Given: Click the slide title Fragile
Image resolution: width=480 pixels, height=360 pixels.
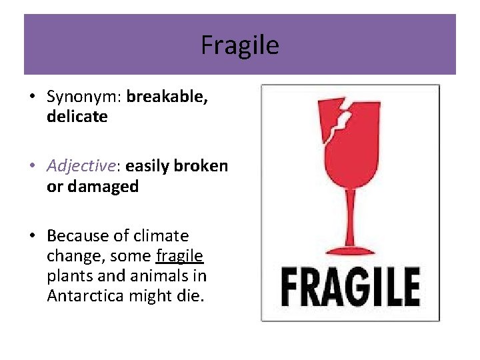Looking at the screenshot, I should pyautogui.click(x=240, y=45).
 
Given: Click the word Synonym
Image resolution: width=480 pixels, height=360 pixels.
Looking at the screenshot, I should pyautogui.click(x=83, y=97).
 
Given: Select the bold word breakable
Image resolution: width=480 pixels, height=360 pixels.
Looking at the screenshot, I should pyautogui.click(x=167, y=97).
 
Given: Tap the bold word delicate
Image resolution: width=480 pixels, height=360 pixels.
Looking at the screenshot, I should pyautogui.click(x=77, y=117).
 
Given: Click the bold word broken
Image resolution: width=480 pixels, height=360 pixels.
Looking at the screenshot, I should pyautogui.click(x=200, y=166).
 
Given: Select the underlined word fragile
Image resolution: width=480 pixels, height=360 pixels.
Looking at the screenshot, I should pyautogui.click(x=179, y=256).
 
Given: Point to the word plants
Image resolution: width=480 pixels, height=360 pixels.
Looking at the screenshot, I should pyautogui.click(x=69, y=276).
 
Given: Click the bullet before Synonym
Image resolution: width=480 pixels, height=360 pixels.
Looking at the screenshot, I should pyautogui.click(x=32, y=97).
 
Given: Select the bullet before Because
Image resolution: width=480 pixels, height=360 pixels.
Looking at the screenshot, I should pyautogui.click(x=32, y=237).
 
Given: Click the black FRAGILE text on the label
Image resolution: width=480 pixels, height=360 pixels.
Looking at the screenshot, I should pyautogui.click(x=350, y=286).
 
